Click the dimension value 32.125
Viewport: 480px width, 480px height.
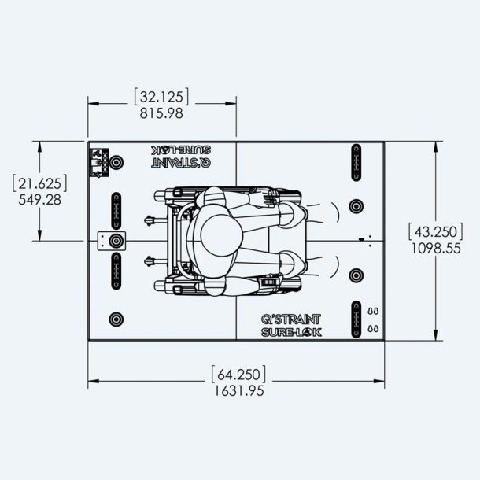click(x=161, y=97)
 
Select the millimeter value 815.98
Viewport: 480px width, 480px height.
click(x=161, y=113)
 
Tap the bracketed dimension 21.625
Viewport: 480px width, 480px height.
click(x=40, y=183)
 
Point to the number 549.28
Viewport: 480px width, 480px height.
click(x=40, y=200)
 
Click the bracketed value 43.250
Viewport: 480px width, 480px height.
click(x=436, y=231)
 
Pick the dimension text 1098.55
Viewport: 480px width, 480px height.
click(x=436, y=249)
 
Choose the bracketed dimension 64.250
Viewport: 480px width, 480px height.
click(x=238, y=374)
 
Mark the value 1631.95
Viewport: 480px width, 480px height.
click(x=238, y=390)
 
